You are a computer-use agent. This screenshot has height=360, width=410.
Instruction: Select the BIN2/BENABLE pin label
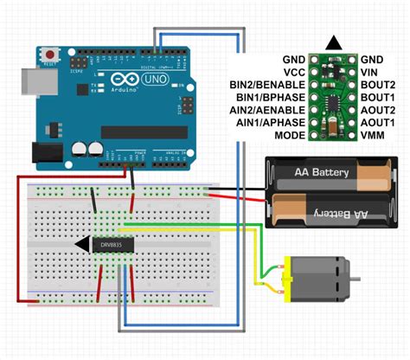[x=270, y=85]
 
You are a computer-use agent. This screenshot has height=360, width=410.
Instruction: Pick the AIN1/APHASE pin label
[x=270, y=124]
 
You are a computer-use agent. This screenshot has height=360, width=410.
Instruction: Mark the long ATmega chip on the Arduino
[x=143, y=132]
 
